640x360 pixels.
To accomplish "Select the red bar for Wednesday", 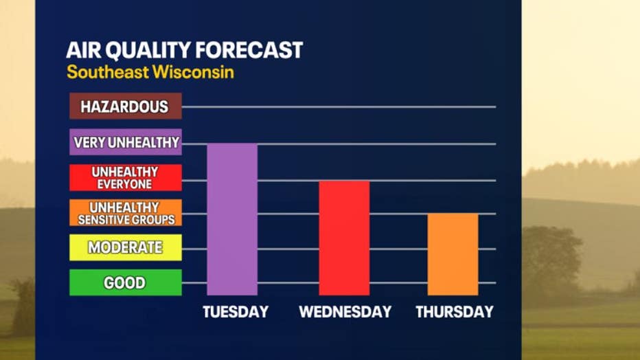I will click(344, 238).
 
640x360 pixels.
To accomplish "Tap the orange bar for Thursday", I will click(453, 254).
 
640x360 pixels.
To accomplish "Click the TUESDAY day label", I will click(235, 312).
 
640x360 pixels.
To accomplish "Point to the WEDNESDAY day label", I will click(345, 312).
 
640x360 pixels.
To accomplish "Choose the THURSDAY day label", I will click(454, 312).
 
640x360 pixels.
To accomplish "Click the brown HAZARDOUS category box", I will click(125, 106).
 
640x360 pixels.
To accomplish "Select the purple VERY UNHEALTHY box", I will click(125, 142).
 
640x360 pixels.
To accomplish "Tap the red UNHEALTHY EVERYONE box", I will click(125, 177).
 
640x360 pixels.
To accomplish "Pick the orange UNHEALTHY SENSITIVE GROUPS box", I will click(125, 213).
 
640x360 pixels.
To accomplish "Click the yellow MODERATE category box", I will click(125, 247).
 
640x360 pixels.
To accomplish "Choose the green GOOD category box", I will click(125, 282).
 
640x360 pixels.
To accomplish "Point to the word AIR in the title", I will click(81, 50).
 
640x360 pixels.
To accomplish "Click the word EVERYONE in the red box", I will click(125, 184).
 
